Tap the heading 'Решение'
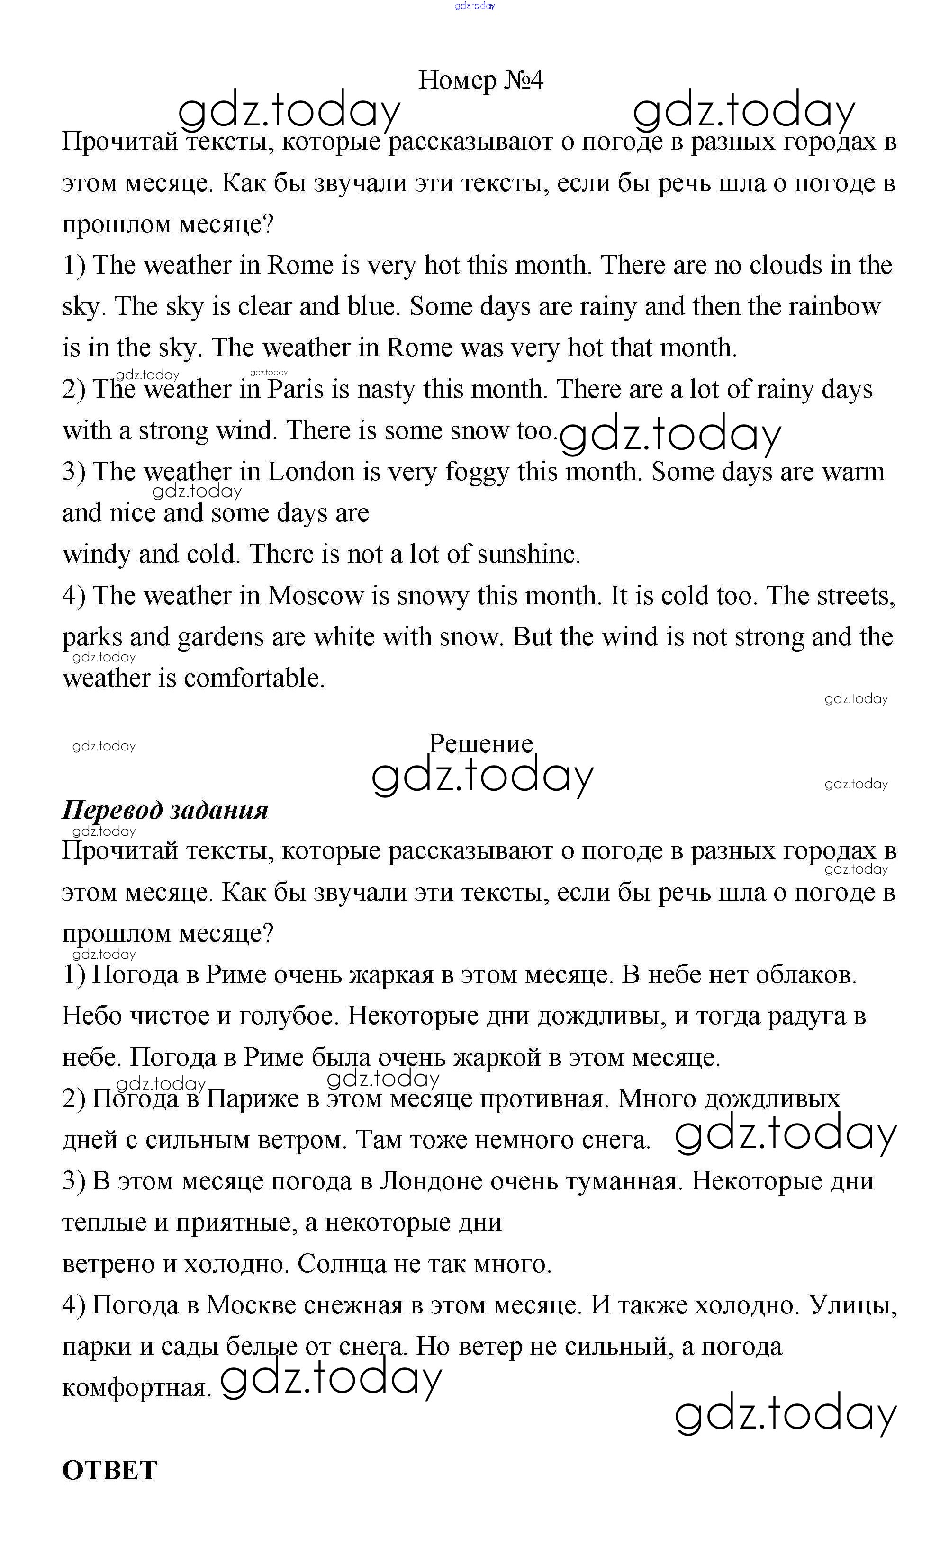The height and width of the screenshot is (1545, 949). pos(481,744)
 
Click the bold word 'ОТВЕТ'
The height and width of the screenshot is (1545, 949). pos(110,1470)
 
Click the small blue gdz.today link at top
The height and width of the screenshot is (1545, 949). pos(475,6)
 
